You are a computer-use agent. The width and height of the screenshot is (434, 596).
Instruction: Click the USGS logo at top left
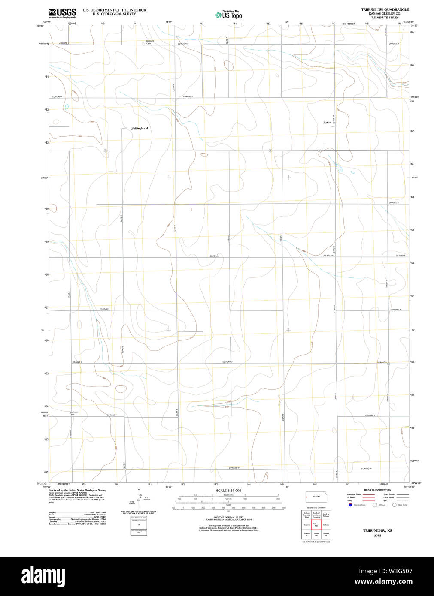(x=63, y=13)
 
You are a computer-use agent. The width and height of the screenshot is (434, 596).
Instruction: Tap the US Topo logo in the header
(x=229, y=15)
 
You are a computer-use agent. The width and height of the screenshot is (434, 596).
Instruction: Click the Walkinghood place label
(x=139, y=129)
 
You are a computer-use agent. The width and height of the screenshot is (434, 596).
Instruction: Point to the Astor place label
(x=327, y=123)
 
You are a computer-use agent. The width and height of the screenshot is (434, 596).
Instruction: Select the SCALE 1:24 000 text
(x=228, y=491)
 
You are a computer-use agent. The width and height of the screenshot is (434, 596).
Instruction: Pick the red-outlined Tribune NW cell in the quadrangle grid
(x=316, y=525)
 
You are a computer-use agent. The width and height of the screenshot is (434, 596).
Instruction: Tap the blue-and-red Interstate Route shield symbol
(x=350, y=505)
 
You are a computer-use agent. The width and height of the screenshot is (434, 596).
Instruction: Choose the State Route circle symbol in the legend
(x=394, y=505)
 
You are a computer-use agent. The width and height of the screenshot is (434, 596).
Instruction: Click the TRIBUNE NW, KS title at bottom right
(x=377, y=531)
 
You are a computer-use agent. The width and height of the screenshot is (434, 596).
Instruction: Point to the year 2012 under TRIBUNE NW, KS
(x=377, y=536)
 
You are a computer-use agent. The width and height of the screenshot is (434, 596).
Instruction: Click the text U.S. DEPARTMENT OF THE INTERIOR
(x=114, y=10)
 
